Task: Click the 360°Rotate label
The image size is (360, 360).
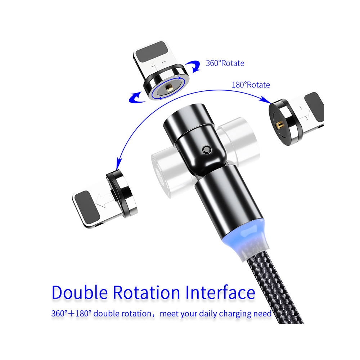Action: (225, 63)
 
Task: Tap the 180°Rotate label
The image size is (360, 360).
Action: (251, 85)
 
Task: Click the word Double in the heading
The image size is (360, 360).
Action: (80, 292)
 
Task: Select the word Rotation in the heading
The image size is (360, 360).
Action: (147, 292)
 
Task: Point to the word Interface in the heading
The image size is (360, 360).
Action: (220, 292)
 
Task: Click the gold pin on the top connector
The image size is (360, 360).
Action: (170, 87)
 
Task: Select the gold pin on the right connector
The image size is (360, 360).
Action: (279, 125)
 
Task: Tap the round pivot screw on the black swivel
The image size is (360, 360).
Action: (207, 150)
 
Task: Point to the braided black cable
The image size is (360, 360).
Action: (275, 289)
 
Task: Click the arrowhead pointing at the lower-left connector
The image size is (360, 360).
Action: (119, 163)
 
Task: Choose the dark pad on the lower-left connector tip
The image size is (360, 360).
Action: (87, 207)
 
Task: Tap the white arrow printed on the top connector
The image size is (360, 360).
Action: (158, 64)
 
